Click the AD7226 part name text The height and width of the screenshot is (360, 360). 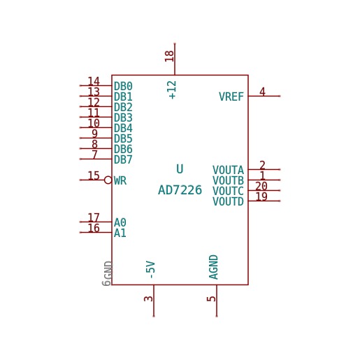pos(180,190)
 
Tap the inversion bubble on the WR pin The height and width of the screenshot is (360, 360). pos(108,180)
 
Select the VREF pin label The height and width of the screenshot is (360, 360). pos(231,96)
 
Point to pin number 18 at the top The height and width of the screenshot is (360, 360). pos(169,56)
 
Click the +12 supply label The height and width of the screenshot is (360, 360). pos(173,90)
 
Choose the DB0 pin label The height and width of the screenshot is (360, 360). pos(123,86)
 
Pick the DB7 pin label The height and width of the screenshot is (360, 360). pos(123,159)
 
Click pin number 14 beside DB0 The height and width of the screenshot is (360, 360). pos(94,81)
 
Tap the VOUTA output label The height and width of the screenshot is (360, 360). pos(228,170)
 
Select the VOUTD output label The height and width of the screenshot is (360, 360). pos(228,201)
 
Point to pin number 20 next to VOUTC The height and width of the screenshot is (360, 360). pos(261,186)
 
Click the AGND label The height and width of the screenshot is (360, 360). pos(213,267)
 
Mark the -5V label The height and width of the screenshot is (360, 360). pos(150,270)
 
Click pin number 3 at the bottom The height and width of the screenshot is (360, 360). pos(148,298)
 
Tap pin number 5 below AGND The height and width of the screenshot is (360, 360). pos(211,298)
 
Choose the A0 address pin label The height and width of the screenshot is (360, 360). pos(120,222)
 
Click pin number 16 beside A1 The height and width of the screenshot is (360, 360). pos(94,228)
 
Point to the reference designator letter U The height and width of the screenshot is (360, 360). pos(180,169)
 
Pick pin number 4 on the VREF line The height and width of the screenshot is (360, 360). pos(262,92)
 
